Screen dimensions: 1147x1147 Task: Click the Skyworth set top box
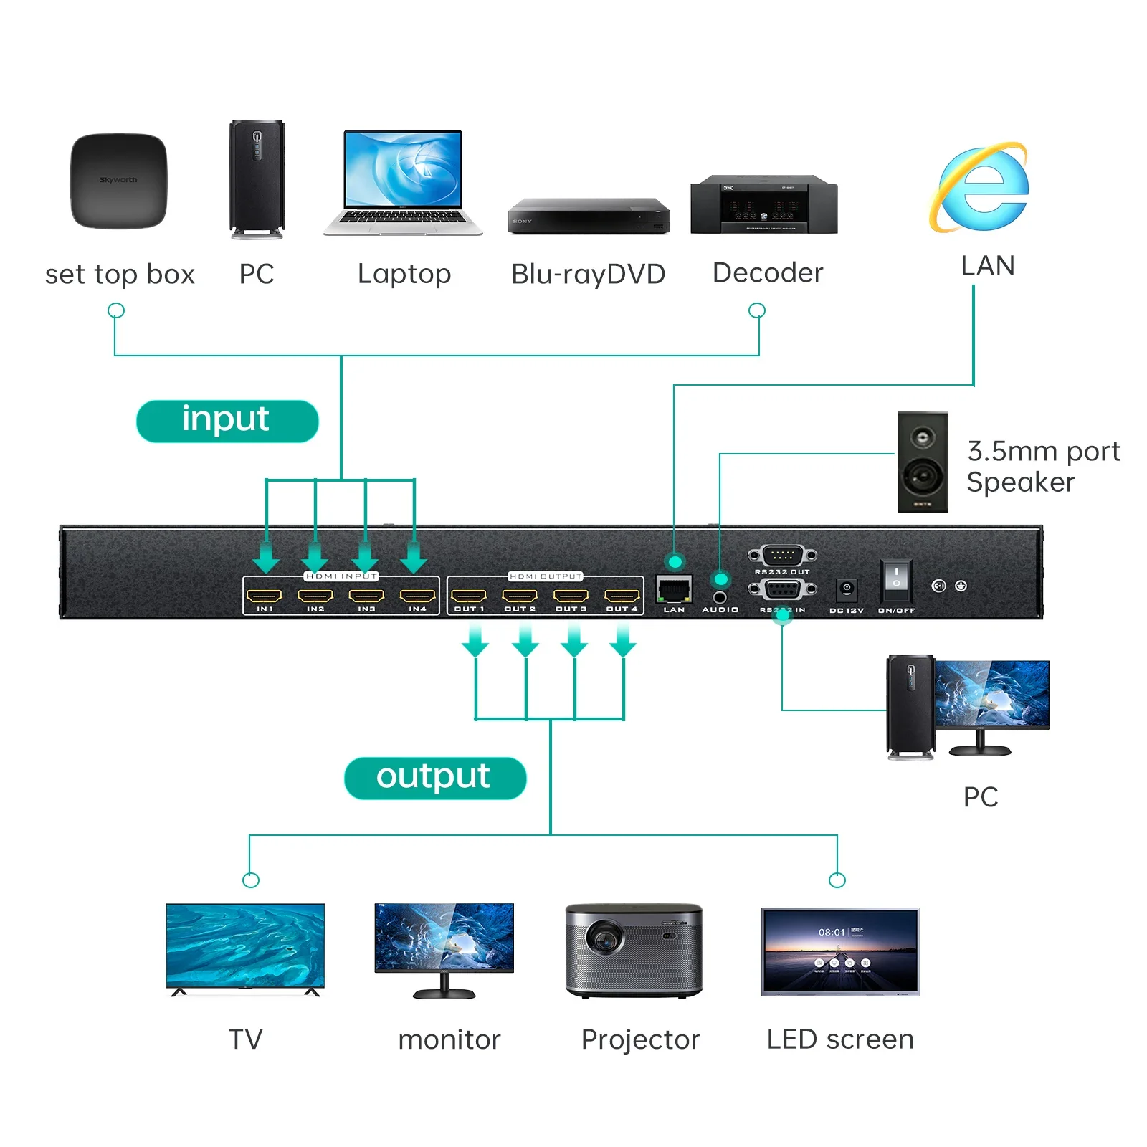(118, 181)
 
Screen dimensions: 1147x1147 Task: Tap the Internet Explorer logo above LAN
(981, 188)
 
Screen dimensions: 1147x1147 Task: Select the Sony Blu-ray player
(589, 216)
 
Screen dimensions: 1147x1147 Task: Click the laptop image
(403, 182)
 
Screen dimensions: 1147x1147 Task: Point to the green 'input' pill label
(227, 421)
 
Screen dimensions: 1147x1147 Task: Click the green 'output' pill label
(435, 778)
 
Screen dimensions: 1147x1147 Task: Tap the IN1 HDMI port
(265, 596)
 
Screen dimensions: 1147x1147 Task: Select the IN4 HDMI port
(417, 596)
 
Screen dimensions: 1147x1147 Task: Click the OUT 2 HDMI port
(520, 596)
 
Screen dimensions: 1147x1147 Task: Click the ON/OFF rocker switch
(895, 579)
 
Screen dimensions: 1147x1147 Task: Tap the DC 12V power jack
(847, 589)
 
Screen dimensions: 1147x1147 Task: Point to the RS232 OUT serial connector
(782, 555)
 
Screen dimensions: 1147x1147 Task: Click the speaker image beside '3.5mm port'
(922, 462)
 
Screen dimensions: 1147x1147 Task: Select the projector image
(634, 950)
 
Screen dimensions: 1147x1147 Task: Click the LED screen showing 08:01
(840, 951)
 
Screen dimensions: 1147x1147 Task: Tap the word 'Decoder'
(768, 273)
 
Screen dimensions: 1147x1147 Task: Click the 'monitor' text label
(449, 1039)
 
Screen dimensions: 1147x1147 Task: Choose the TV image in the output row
(245, 947)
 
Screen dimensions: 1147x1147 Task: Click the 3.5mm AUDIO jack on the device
(720, 596)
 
